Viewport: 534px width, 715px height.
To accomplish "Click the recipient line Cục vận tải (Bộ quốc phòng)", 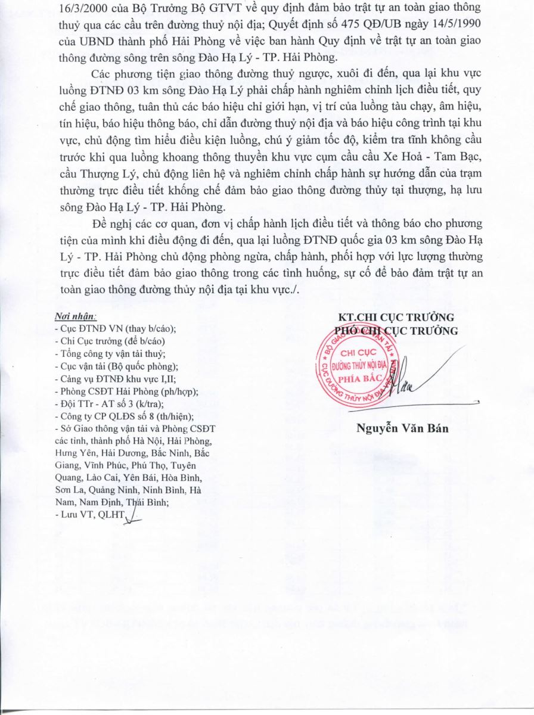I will (x=116, y=366).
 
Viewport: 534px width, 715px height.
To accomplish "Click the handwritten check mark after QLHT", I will (x=133, y=517).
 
